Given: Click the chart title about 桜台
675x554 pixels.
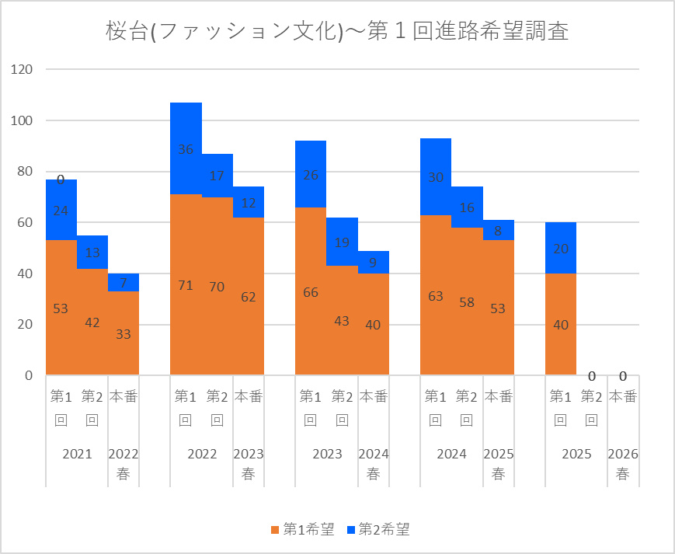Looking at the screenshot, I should click(337, 32).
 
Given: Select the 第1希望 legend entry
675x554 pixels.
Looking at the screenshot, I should click(303, 530).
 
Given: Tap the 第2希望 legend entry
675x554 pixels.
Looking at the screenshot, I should click(378, 530).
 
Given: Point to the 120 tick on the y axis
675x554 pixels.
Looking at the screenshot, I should click(23, 70).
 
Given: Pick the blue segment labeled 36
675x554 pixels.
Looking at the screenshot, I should click(186, 148).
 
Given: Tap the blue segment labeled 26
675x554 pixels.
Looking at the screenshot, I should click(311, 174).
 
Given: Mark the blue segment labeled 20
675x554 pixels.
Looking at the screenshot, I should click(561, 248).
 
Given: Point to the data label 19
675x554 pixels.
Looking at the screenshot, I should click(342, 242).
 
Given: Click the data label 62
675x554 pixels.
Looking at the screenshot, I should click(248, 296).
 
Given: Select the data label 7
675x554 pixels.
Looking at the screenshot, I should click(124, 282).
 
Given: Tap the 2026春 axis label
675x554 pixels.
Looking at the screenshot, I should click(623, 464).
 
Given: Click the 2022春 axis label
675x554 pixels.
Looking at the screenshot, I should click(124, 464).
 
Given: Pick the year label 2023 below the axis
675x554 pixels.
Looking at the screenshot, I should click(326, 455).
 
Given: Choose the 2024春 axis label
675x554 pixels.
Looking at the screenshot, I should click(373, 464).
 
